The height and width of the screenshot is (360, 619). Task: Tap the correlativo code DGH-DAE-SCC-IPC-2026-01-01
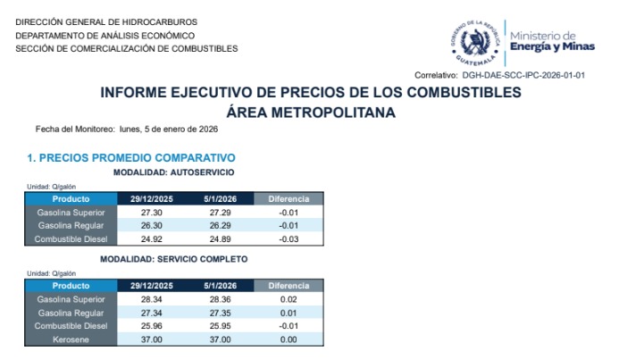pyautogui.click(x=523, y=75)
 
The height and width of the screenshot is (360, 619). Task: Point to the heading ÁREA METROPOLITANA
pyautogui.click(x=311, y=113)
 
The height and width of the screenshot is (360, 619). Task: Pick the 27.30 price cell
pyautogui.click(x=151, y=213)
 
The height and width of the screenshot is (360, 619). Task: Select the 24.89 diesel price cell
pyautogui.click(x=220, y=239)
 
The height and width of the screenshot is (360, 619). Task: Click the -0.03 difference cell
pyautogui.click(x=288, y=239)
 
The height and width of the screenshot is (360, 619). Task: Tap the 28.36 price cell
pyautogui.click(x=220, y=300)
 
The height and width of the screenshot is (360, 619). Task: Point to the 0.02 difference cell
pyautogui.click(x=288, y=300)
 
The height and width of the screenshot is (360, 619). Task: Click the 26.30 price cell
pyautogui.click(x=151, y=226)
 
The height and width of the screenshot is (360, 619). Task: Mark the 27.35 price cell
pyautogui.click(x=220, y=314)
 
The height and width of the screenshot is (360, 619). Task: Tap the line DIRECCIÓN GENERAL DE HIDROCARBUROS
pyautogui.click(x=106, y=21)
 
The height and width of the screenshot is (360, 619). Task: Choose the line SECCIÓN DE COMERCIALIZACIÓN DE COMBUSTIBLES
pyautogui.click(x=127, y=48)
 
